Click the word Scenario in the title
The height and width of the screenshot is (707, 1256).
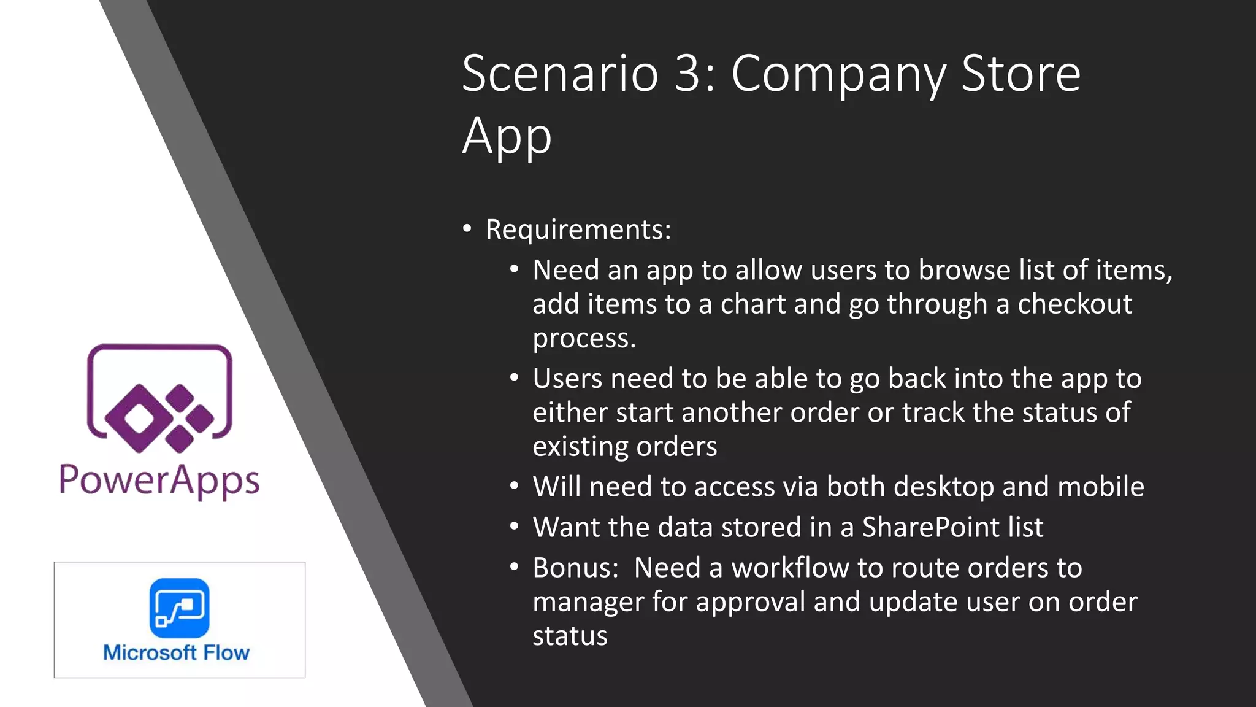pos(560,74)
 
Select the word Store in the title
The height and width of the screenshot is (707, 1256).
pos(1020,74)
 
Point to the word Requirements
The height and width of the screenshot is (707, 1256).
pos(578,230)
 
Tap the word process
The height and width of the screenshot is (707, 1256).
pos(584,339)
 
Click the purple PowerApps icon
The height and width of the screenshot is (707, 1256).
pos(159,398)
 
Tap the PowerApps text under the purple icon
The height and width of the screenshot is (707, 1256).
pos(159,481)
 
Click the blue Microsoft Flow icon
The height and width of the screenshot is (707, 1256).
pos(179,608)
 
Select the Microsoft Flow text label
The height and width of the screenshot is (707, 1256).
pos(177,652)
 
